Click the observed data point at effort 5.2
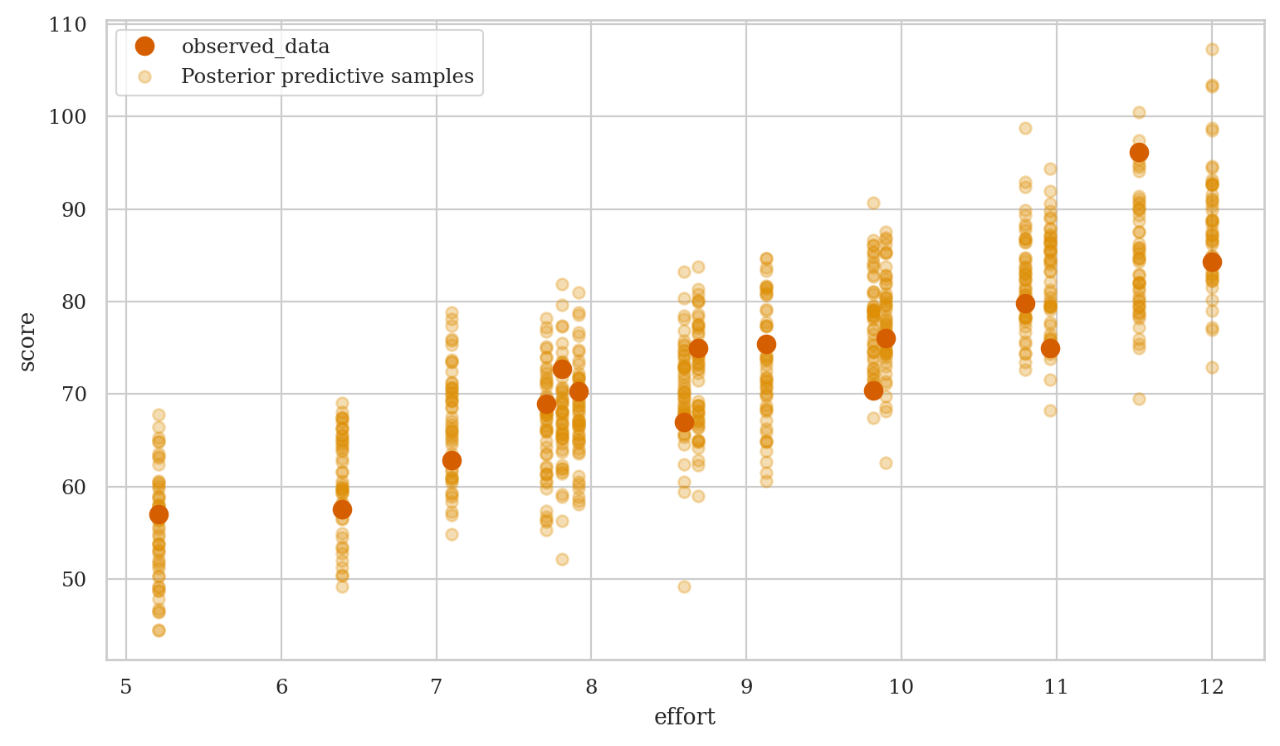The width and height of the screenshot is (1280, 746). [159, 514]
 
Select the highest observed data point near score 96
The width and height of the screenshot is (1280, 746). [1139, 152]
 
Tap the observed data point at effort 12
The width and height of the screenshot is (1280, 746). [1212, 262]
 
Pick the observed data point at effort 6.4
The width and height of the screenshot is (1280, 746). [342, 509]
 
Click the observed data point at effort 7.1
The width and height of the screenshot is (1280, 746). [452, 460]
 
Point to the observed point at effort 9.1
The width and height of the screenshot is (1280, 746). [766, 344]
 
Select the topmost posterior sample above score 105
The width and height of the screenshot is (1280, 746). [1212, 49]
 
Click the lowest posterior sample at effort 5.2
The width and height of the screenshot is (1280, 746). [159, 630]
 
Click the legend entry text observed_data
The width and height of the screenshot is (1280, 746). [256, 47]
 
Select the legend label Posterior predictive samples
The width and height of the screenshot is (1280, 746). [327, 77]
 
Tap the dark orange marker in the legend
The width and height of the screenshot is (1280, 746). [145, 47]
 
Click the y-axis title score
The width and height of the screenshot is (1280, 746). [27, 341]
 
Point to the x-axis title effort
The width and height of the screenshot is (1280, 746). [685, 717]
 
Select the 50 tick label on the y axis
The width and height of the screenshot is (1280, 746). [75, 579]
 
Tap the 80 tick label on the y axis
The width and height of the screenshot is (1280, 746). [75, 302]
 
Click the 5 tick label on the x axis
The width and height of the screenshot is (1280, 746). [126, 687]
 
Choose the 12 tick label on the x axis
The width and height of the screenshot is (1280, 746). [1211, 687]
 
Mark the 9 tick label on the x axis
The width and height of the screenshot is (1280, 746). [746, 687]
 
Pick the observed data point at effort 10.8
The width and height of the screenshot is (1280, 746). [1025, 303]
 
